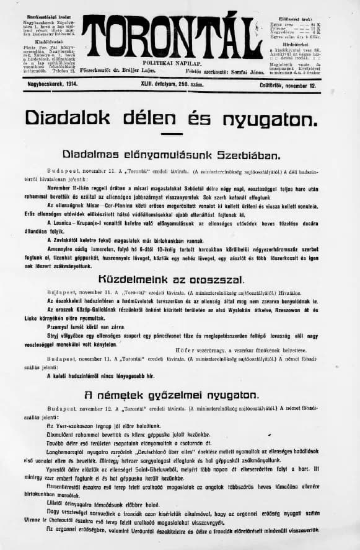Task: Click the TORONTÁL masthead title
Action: tap(172, 37)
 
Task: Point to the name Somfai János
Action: tap(239, 72)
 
